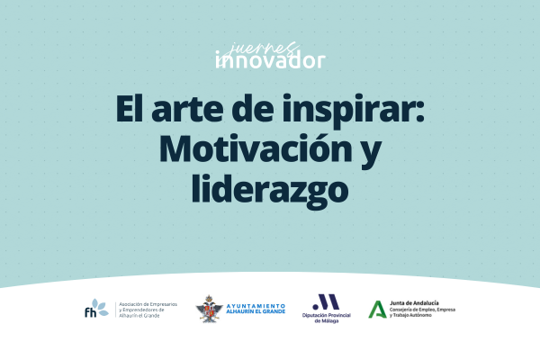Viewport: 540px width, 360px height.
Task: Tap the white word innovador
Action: (x=270, y=60)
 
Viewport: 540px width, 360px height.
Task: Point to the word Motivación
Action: (x=256, y=148)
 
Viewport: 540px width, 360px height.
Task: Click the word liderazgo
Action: (x=270, y=191)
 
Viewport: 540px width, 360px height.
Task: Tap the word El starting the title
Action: (x=129, y=108)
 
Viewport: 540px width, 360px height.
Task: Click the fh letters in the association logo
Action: (x=91, y=312)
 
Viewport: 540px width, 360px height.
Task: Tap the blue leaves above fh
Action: (x=100, y=307)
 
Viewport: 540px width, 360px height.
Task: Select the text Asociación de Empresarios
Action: (x=148, y=304)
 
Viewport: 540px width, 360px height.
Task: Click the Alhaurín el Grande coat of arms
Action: (x=209, y=309)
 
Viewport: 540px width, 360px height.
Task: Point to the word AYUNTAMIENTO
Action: (x=256, y=306)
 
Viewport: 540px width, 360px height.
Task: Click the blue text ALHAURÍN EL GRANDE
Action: (x=256, y=311)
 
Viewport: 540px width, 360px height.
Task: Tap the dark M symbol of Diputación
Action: (x=326, y=301)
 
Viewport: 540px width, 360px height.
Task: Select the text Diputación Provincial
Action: (x=327, y=315)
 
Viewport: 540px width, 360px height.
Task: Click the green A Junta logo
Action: (x=377, y=310)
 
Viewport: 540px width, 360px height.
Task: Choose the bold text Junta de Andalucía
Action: (x=414, y=303)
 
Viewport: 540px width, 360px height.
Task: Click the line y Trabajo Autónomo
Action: (x=410, y=315)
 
